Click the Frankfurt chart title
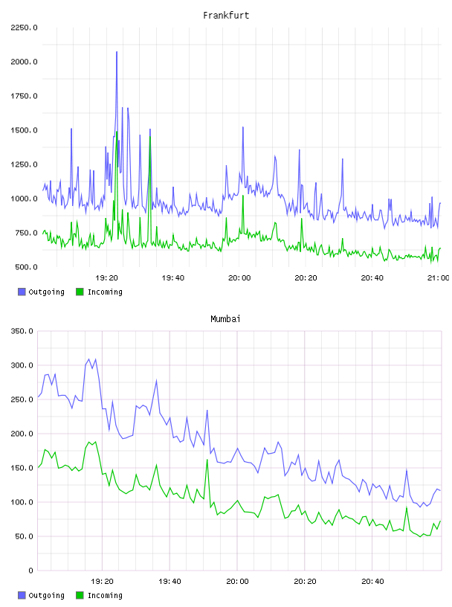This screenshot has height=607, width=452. click(x=226, y=16)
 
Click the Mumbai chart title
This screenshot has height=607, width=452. click(x=225, y=319)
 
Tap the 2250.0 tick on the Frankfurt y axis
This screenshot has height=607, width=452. click(x=24, y=28)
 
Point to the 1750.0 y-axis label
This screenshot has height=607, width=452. click(x=24, y=96)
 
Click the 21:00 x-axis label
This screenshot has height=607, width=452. click(x=438, y=278)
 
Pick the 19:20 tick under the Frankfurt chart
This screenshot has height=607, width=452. click(x=106, y=278)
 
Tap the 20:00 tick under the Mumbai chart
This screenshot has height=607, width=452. click(x=237, y=582)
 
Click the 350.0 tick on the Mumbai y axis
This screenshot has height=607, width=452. click(x=22, y=331)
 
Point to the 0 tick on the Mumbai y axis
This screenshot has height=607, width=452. click(x=31, y=571)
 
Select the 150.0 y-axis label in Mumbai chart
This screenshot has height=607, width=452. click(x=22, y=468)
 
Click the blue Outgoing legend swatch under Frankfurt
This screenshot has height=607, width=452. click(x=22, y=292)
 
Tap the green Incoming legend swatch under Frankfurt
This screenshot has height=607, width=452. click(x=80, y=292)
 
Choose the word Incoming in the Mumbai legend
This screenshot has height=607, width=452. click(x=105, y=595)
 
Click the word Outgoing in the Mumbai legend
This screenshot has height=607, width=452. click(x=46, y=595)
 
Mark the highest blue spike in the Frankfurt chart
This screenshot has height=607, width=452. click(x=117, y=52)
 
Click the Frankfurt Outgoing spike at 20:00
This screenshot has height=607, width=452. click(x=243, y=127)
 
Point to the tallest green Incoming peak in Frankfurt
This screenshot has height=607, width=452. click(x=117, y=132)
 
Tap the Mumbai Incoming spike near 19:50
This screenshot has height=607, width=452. click(x=207, y=460)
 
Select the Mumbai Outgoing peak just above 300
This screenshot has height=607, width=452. click(x=88, y=359)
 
